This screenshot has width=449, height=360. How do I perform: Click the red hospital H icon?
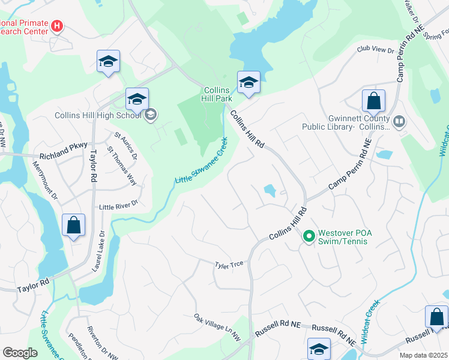(57, 26)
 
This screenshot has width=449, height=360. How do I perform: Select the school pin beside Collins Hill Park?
(248, 83)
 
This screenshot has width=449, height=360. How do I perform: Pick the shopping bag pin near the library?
(373, 101)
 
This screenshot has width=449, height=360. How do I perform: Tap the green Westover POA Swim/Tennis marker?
(309, 236)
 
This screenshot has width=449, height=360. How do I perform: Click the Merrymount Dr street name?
(45, 180)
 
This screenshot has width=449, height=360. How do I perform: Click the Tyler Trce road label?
(230, 264)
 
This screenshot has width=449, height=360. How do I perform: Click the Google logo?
(20, 352)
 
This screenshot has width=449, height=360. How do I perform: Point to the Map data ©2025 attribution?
(423, 355)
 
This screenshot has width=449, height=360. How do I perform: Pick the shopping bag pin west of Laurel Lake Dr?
(73, 226)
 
